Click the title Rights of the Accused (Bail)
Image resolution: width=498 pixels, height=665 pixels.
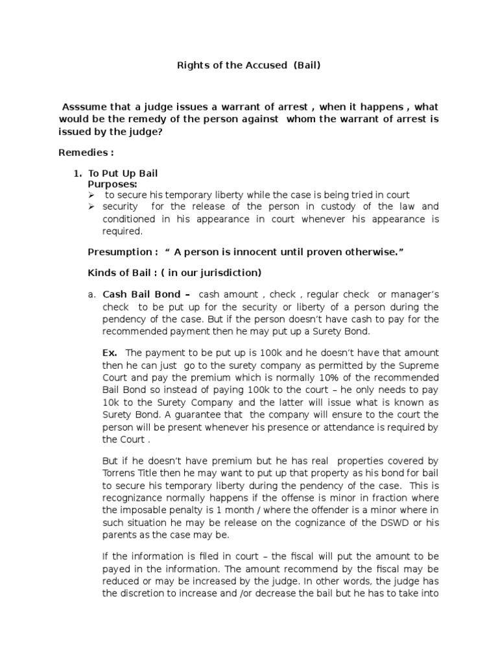[248, 66]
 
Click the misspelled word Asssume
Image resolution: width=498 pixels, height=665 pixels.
[83, 107]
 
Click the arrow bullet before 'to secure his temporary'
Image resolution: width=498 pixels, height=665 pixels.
[91, 195]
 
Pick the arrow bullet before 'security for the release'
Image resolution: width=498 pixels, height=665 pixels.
[91, 207]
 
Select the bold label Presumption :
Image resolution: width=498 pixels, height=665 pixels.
[122, 251]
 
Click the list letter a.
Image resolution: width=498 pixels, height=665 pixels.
[91, 294]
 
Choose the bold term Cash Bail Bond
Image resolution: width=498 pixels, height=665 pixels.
[138, 294]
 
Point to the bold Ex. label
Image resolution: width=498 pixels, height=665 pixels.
[110, 353]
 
